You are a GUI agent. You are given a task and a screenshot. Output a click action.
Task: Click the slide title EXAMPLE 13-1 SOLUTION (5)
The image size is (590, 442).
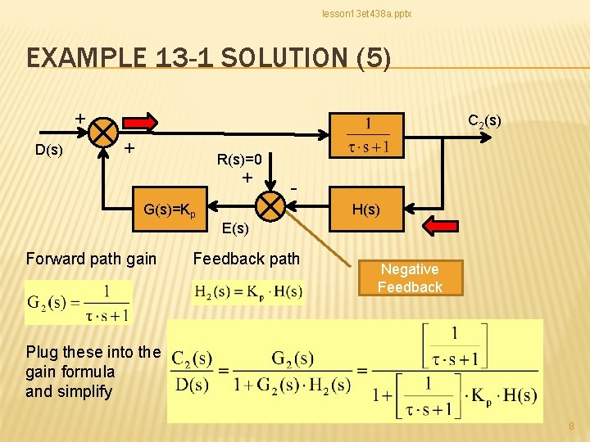tap(209, 58)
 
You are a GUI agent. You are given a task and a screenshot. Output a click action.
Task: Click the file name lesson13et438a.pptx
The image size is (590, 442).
tap(366, 14)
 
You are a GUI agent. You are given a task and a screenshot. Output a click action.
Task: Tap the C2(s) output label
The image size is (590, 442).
tap(484, 121)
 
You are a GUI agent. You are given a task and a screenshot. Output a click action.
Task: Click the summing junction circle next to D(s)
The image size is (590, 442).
tap(104, 131)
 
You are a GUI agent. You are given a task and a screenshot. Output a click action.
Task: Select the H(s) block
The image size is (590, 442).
tap(365, 210)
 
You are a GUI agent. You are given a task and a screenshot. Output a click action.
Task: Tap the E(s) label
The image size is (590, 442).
tap(235, 228)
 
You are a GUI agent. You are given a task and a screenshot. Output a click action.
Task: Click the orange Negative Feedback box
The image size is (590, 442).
tap(410, 278)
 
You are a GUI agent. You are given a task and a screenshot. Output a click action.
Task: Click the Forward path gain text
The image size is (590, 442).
tap(91, 259)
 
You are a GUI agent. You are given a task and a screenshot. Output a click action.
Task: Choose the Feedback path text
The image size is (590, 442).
tap(247, 259)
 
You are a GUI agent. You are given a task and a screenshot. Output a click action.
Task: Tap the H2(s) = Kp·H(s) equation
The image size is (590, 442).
tap(247, 291)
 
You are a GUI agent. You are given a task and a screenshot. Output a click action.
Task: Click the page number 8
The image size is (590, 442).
tap(571, 426)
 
